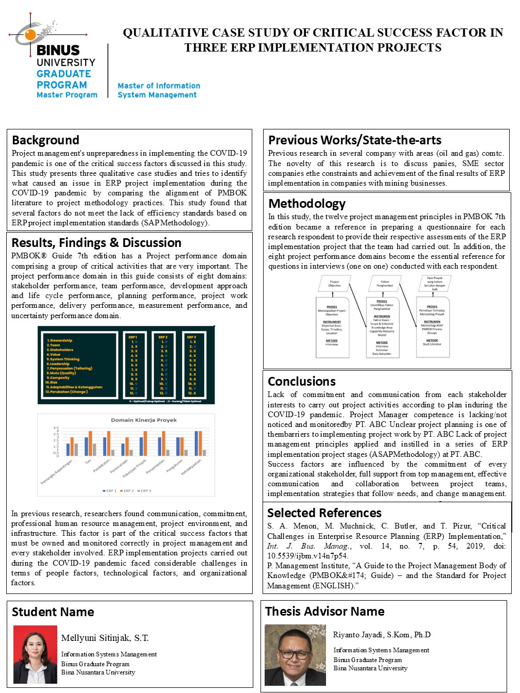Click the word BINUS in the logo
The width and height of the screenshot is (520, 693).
pyautogui.click(x=58, y=51)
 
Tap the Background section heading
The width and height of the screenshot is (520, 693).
pyautogui.click(x=45, y=140)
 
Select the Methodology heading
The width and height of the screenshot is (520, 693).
pyautogui.click(x=307, y=204)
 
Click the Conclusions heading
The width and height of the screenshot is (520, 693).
pyautogui.click(x=302, y=382)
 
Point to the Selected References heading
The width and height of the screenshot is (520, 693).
pyautogui.click(x=324, y=513)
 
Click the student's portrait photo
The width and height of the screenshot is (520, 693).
pyautogui.click(x=35, y=654)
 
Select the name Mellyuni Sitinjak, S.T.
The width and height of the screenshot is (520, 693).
pyautogui.click(x=105, y=638)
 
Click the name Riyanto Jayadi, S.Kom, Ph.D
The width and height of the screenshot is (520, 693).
pyautogui.click(x=382, y=635)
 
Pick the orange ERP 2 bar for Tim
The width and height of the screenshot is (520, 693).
pyautogui.click(x=90, y=443)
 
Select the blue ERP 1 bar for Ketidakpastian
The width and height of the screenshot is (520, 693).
pyautogui.click(x=196, y=443)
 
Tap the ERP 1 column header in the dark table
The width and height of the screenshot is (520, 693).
pyautogui.click(x=133, y=337)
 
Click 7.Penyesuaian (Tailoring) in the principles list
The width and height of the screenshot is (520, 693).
pyautogui.click(x=69, y=368)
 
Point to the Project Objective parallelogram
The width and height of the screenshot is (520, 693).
pyautogui.click(x=334, y=283)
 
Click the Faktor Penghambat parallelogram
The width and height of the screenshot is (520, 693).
pyautogui.click(x=384, y=283)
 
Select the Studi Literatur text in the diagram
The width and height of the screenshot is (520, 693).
pyautogui.click(x=432, y=344)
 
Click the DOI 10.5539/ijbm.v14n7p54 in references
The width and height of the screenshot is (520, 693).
pyautogui.click(x=307, y=556)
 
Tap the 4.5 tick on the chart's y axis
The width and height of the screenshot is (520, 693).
pyautogui.click(x=56, y=428)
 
